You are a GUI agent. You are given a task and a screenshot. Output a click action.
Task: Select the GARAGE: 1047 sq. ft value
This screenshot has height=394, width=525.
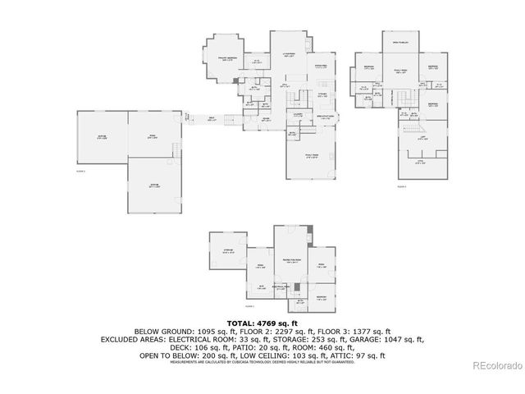[x=399, y=337]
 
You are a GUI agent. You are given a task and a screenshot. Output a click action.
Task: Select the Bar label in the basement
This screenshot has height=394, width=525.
[x=262, y=286]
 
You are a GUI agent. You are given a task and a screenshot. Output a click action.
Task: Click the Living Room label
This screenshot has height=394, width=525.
[x=289, y=55]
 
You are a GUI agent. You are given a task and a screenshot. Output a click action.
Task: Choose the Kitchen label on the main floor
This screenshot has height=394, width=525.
[x=322, y=94]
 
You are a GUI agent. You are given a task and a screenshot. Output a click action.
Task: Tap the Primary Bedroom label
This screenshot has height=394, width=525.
[x=227, y=59]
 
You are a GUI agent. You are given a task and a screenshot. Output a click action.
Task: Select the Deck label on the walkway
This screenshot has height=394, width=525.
[x=212, y=120]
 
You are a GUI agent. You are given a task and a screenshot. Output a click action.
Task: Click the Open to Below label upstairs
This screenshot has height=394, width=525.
[x=400, y=42]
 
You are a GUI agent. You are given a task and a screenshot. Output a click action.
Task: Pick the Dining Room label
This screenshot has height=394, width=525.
[x=322, y=66]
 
